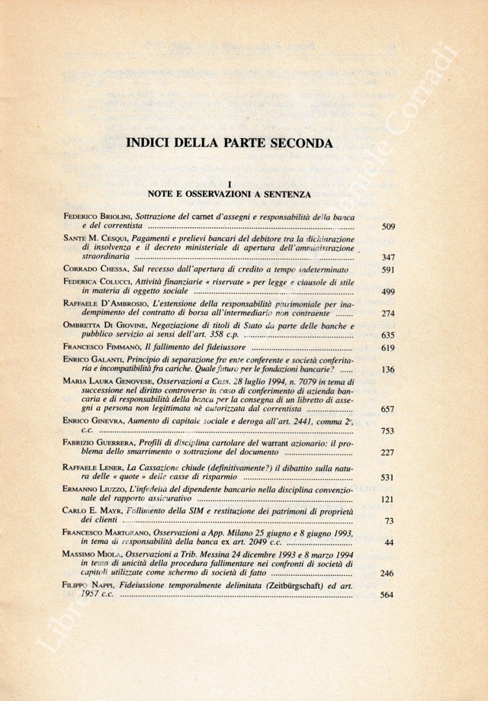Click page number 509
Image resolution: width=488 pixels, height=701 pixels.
pyautogui.click(x=387, y=227)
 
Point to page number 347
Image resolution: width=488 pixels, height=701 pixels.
pyautogui.click(x=387, y=258)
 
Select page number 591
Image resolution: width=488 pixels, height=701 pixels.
pyautogui.click(x=387, y=270)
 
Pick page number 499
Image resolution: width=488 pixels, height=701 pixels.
pyautogui.click(x=387, y=291)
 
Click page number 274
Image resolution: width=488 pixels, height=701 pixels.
pyautogui.click(x=387, y=314)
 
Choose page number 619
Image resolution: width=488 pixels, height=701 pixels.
pyautogui.click(x=387, y=347)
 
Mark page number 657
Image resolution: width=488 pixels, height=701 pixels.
pyautogui.click(x=387, y=410)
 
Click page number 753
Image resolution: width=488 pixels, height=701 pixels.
pyautogui.click(x=387, y=431)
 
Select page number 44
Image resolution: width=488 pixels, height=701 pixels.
pyautogui.click(x=390, y=542)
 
